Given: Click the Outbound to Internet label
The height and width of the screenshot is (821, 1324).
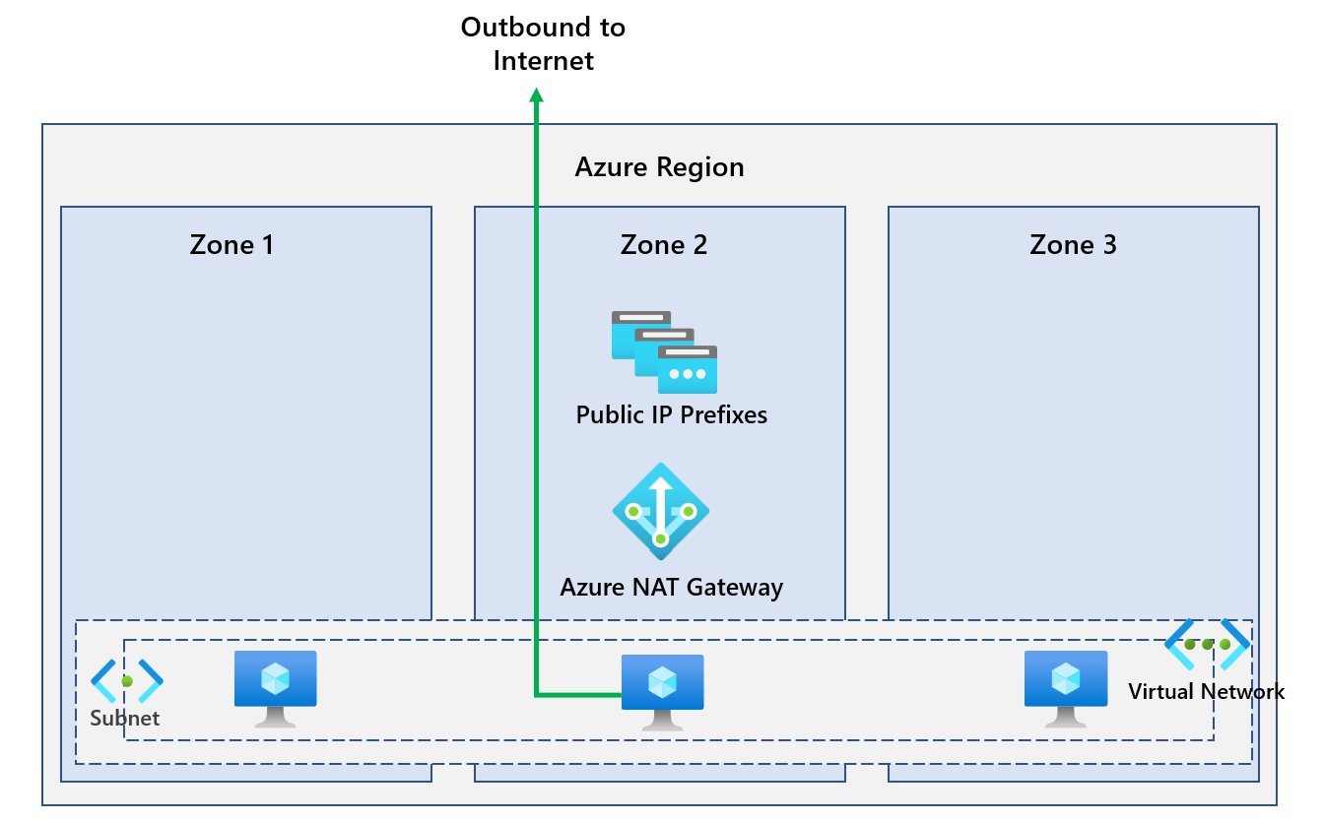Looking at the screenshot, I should [x=543, y=43].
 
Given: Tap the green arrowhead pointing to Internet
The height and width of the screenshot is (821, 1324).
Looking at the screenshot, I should [x=537, y=95].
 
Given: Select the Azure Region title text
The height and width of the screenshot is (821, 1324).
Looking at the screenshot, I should [x=659, y=167].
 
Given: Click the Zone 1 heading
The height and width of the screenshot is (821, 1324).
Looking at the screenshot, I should [x=232, y=244].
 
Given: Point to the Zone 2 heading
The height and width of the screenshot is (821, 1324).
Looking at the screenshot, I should [x=664, y=244].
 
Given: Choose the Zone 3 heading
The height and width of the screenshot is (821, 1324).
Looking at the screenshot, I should [x=1073, y=244].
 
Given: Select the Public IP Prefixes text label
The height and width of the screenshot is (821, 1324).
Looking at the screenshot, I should [x=671, y=414].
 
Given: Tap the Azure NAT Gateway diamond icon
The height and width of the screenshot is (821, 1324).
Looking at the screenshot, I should [x=660, y=512].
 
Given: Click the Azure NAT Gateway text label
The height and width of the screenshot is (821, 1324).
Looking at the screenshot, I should [x=671, y=588].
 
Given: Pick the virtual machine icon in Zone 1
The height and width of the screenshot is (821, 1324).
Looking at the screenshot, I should [x=276, y=688].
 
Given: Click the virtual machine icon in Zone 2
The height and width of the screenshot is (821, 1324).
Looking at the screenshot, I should [x=662, y=692].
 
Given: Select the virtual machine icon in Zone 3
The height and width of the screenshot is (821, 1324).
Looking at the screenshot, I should [x=1066, y=688].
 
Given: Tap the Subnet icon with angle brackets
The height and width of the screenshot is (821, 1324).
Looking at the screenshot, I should [x=127, y=680].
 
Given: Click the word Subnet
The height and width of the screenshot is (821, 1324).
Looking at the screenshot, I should [x=125, y=719].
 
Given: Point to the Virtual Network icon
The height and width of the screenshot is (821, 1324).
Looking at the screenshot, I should [x=1207, y=644].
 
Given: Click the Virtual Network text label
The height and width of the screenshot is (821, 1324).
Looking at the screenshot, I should [x=1206, y=692].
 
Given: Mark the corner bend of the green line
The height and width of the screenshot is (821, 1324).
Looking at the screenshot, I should [x=537, y=695].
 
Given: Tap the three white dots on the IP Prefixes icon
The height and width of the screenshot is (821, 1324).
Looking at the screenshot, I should [x=688, y=374].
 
